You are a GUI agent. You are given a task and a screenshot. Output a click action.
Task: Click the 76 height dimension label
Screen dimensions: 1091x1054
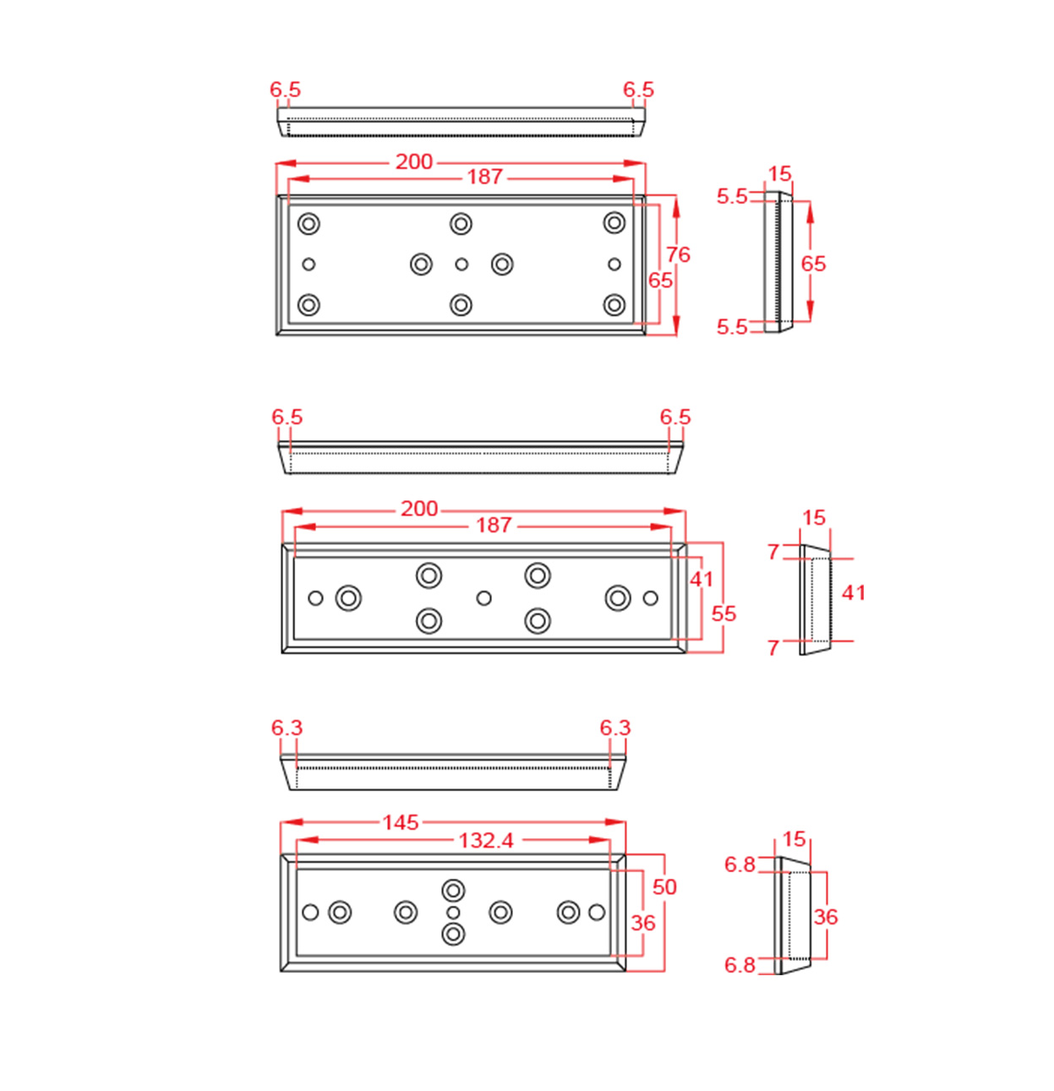[x=678, y=254]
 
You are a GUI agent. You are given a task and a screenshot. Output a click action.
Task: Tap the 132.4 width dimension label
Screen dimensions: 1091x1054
[x=486, y=840]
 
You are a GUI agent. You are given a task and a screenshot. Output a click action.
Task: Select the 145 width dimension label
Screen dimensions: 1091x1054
[x=400, y=822]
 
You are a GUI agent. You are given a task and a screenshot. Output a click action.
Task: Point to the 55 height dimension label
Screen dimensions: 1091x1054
[x=724, y=614]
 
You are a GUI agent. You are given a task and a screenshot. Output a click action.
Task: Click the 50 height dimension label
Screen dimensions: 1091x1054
[x=664, y=886]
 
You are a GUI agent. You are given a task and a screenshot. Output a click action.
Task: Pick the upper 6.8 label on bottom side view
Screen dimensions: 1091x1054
[x=740, y=865]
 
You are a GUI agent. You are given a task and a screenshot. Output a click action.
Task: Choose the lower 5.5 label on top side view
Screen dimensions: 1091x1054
[x=732, y=326]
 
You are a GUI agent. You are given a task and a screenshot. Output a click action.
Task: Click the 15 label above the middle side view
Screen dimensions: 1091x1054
[x=813, y=517]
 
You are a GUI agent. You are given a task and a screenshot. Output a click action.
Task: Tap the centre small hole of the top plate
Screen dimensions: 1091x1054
[x=461, y=265]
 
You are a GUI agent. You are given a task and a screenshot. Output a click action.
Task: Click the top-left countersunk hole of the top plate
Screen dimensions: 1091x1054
[x=309, y=224]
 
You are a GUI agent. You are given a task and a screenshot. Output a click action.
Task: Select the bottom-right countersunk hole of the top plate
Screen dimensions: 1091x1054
[x=614, y=304]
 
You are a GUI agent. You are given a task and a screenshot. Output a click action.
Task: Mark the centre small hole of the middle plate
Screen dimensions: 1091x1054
[x=483, y=598]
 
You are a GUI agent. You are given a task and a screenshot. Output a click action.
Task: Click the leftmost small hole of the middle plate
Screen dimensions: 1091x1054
[x=315, y=598]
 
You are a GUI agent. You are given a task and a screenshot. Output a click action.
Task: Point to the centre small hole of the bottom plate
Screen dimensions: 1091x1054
[x=453, y=913]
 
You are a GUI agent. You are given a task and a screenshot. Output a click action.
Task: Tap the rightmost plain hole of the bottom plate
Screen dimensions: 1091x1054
[x=597, y=913]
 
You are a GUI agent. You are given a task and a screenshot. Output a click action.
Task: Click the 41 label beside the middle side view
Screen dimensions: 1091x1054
[x=854, y=592]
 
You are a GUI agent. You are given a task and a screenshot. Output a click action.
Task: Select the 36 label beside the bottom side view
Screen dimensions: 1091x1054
[x=826, y=916]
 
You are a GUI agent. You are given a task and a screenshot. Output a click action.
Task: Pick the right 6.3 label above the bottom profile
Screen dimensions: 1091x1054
[x=615, y=728]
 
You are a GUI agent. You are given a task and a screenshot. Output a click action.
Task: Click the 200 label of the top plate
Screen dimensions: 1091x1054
[x=414, y=161]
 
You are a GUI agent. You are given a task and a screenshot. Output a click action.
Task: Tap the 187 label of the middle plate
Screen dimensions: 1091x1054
[x=494, y=525]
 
